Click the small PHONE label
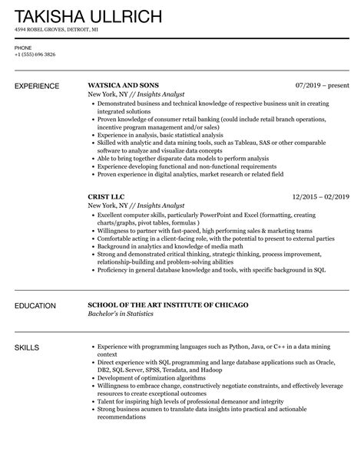[x=23, y=48]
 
